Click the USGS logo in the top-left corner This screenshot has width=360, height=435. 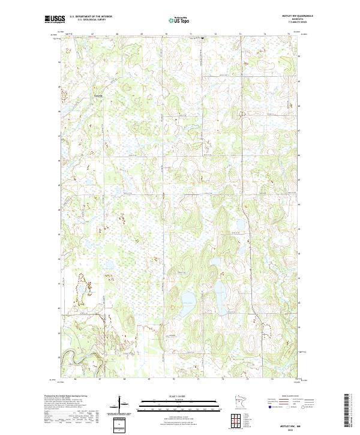55,20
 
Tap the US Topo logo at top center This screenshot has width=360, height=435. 181,20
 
